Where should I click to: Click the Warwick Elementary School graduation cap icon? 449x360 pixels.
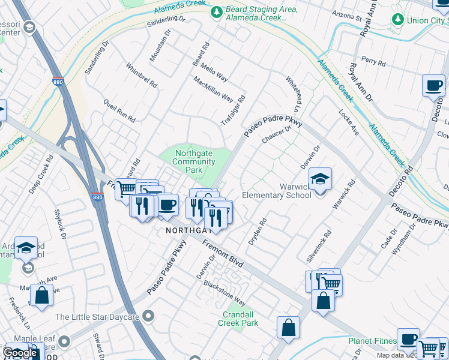320,179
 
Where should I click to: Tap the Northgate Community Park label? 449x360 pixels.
194,161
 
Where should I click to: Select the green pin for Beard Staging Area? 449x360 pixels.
215,11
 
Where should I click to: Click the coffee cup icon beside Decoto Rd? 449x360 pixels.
433,86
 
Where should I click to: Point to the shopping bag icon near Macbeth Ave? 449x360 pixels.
41,296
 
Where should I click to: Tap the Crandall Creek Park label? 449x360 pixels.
240,319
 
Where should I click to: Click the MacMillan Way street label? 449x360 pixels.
213,89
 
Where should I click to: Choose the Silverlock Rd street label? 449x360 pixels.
319,246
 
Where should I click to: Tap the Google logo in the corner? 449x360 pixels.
20,353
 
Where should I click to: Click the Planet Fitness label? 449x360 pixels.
372,341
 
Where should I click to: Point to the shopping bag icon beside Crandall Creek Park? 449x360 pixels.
288,328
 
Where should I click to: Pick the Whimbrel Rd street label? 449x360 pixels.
141,74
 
